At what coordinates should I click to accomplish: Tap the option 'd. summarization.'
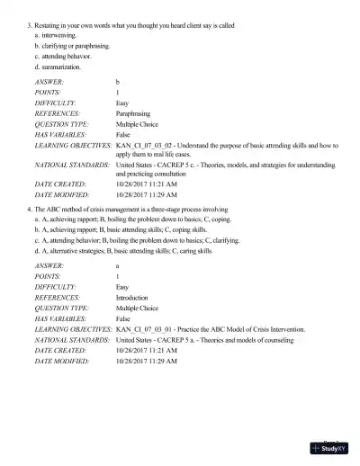pyautogui.click(x=58, y=66)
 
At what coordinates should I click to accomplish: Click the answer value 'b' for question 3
pyautogui.click(x=118, y=82)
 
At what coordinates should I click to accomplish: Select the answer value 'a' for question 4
pyautogui.click(x=118, y=265)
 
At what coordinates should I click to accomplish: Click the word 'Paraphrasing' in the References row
pyautogui.click(x=133, y=115)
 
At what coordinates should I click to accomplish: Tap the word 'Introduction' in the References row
pyautogui.click(x=133, y=298)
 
